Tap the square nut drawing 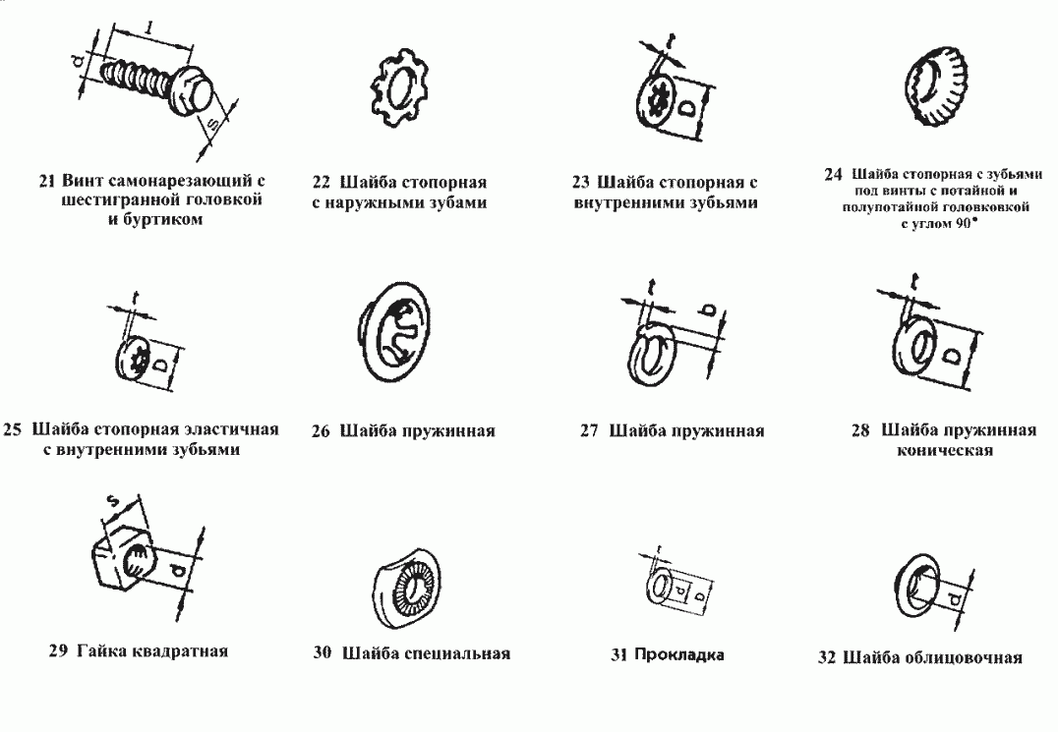coord(126,560)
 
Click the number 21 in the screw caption coord(46,182)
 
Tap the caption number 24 coord(833,175)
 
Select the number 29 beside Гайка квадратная coord(58,651)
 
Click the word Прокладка coord(678,654)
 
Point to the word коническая coord(945,450)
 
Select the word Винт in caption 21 coord(83,182)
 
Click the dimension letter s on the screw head coord(211,124)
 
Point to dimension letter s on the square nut coord(113,501)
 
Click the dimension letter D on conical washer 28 coord(953,356)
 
